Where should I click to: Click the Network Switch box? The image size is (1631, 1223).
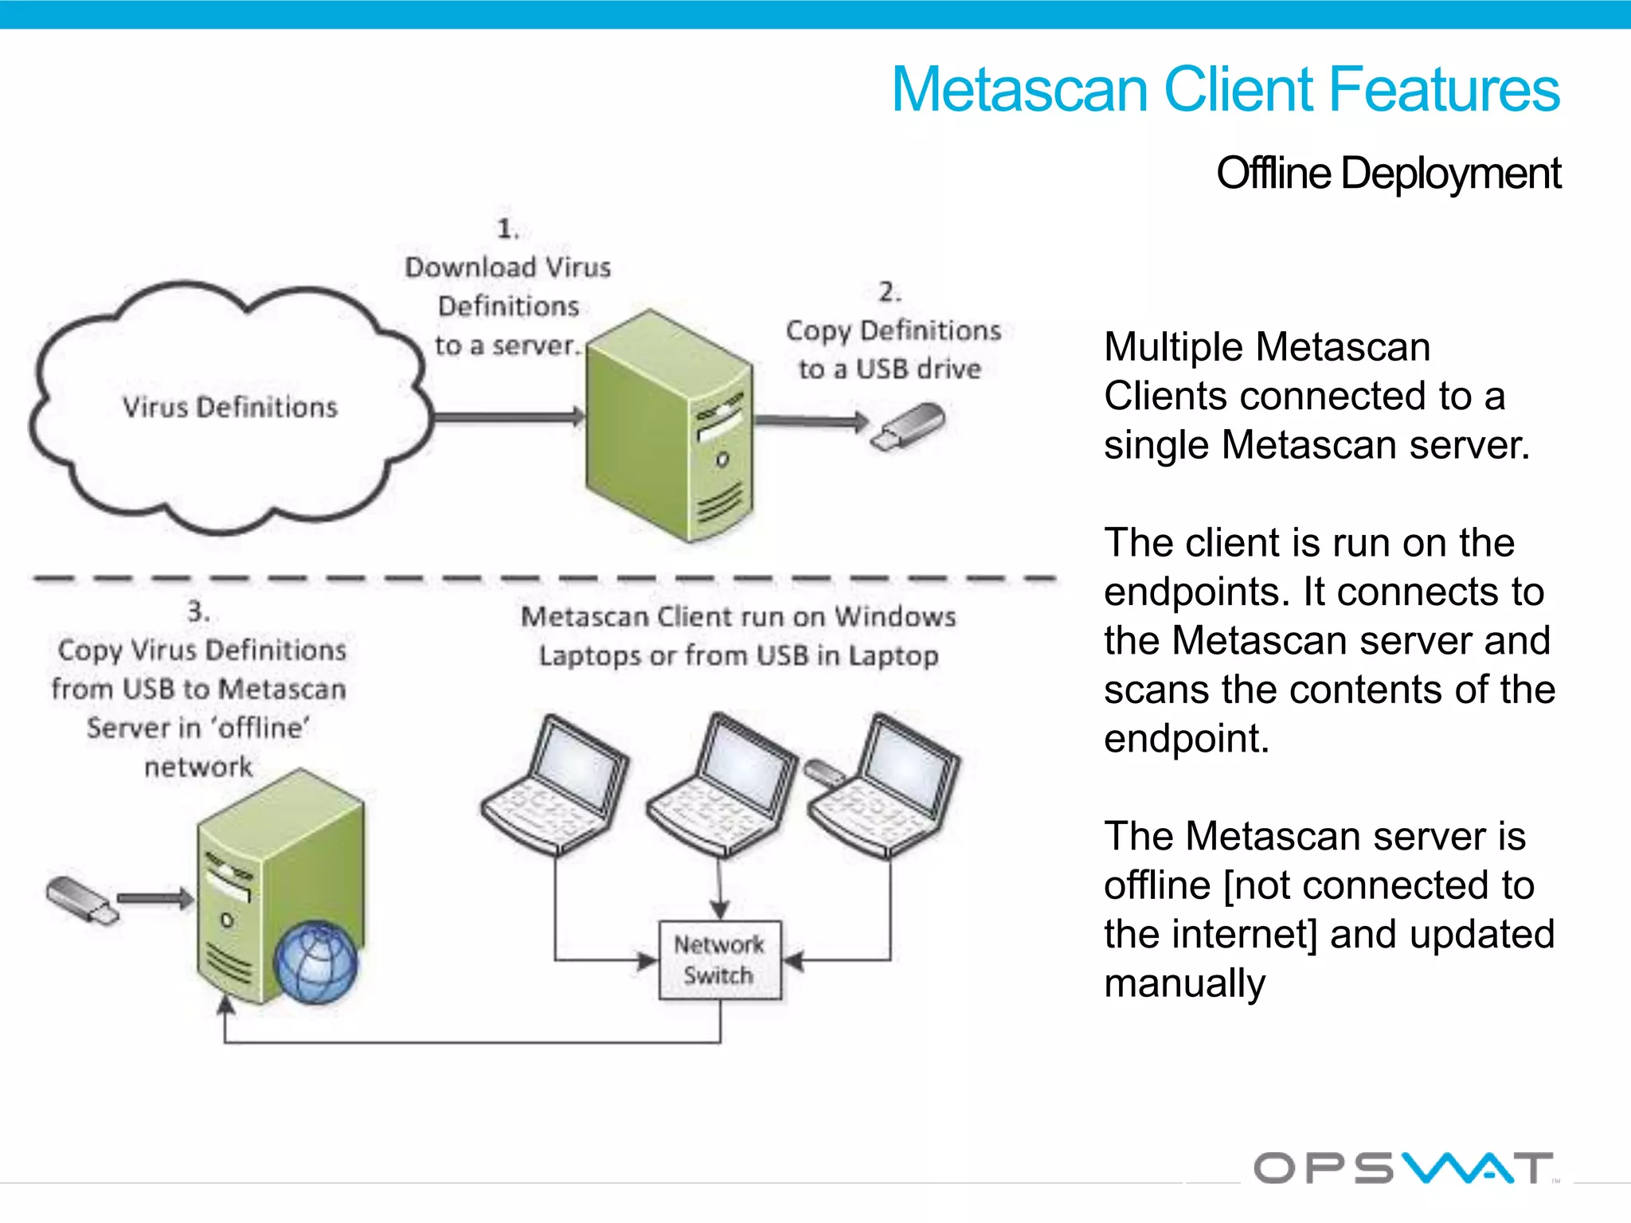(720, 959)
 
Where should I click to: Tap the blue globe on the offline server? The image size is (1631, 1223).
(316, 962)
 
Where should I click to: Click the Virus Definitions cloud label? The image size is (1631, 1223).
(230, 407)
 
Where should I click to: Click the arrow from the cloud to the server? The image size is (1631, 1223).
(510, 416)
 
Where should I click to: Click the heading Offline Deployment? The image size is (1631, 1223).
(1388, 174)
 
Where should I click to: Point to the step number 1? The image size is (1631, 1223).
(507, 229)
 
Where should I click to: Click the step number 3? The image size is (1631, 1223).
(198, 611)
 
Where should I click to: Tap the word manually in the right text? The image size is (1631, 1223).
(1184, 983)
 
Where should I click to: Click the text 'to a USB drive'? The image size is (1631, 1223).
(890, 369)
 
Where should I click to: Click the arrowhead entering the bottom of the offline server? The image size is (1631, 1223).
(226, 1006)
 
